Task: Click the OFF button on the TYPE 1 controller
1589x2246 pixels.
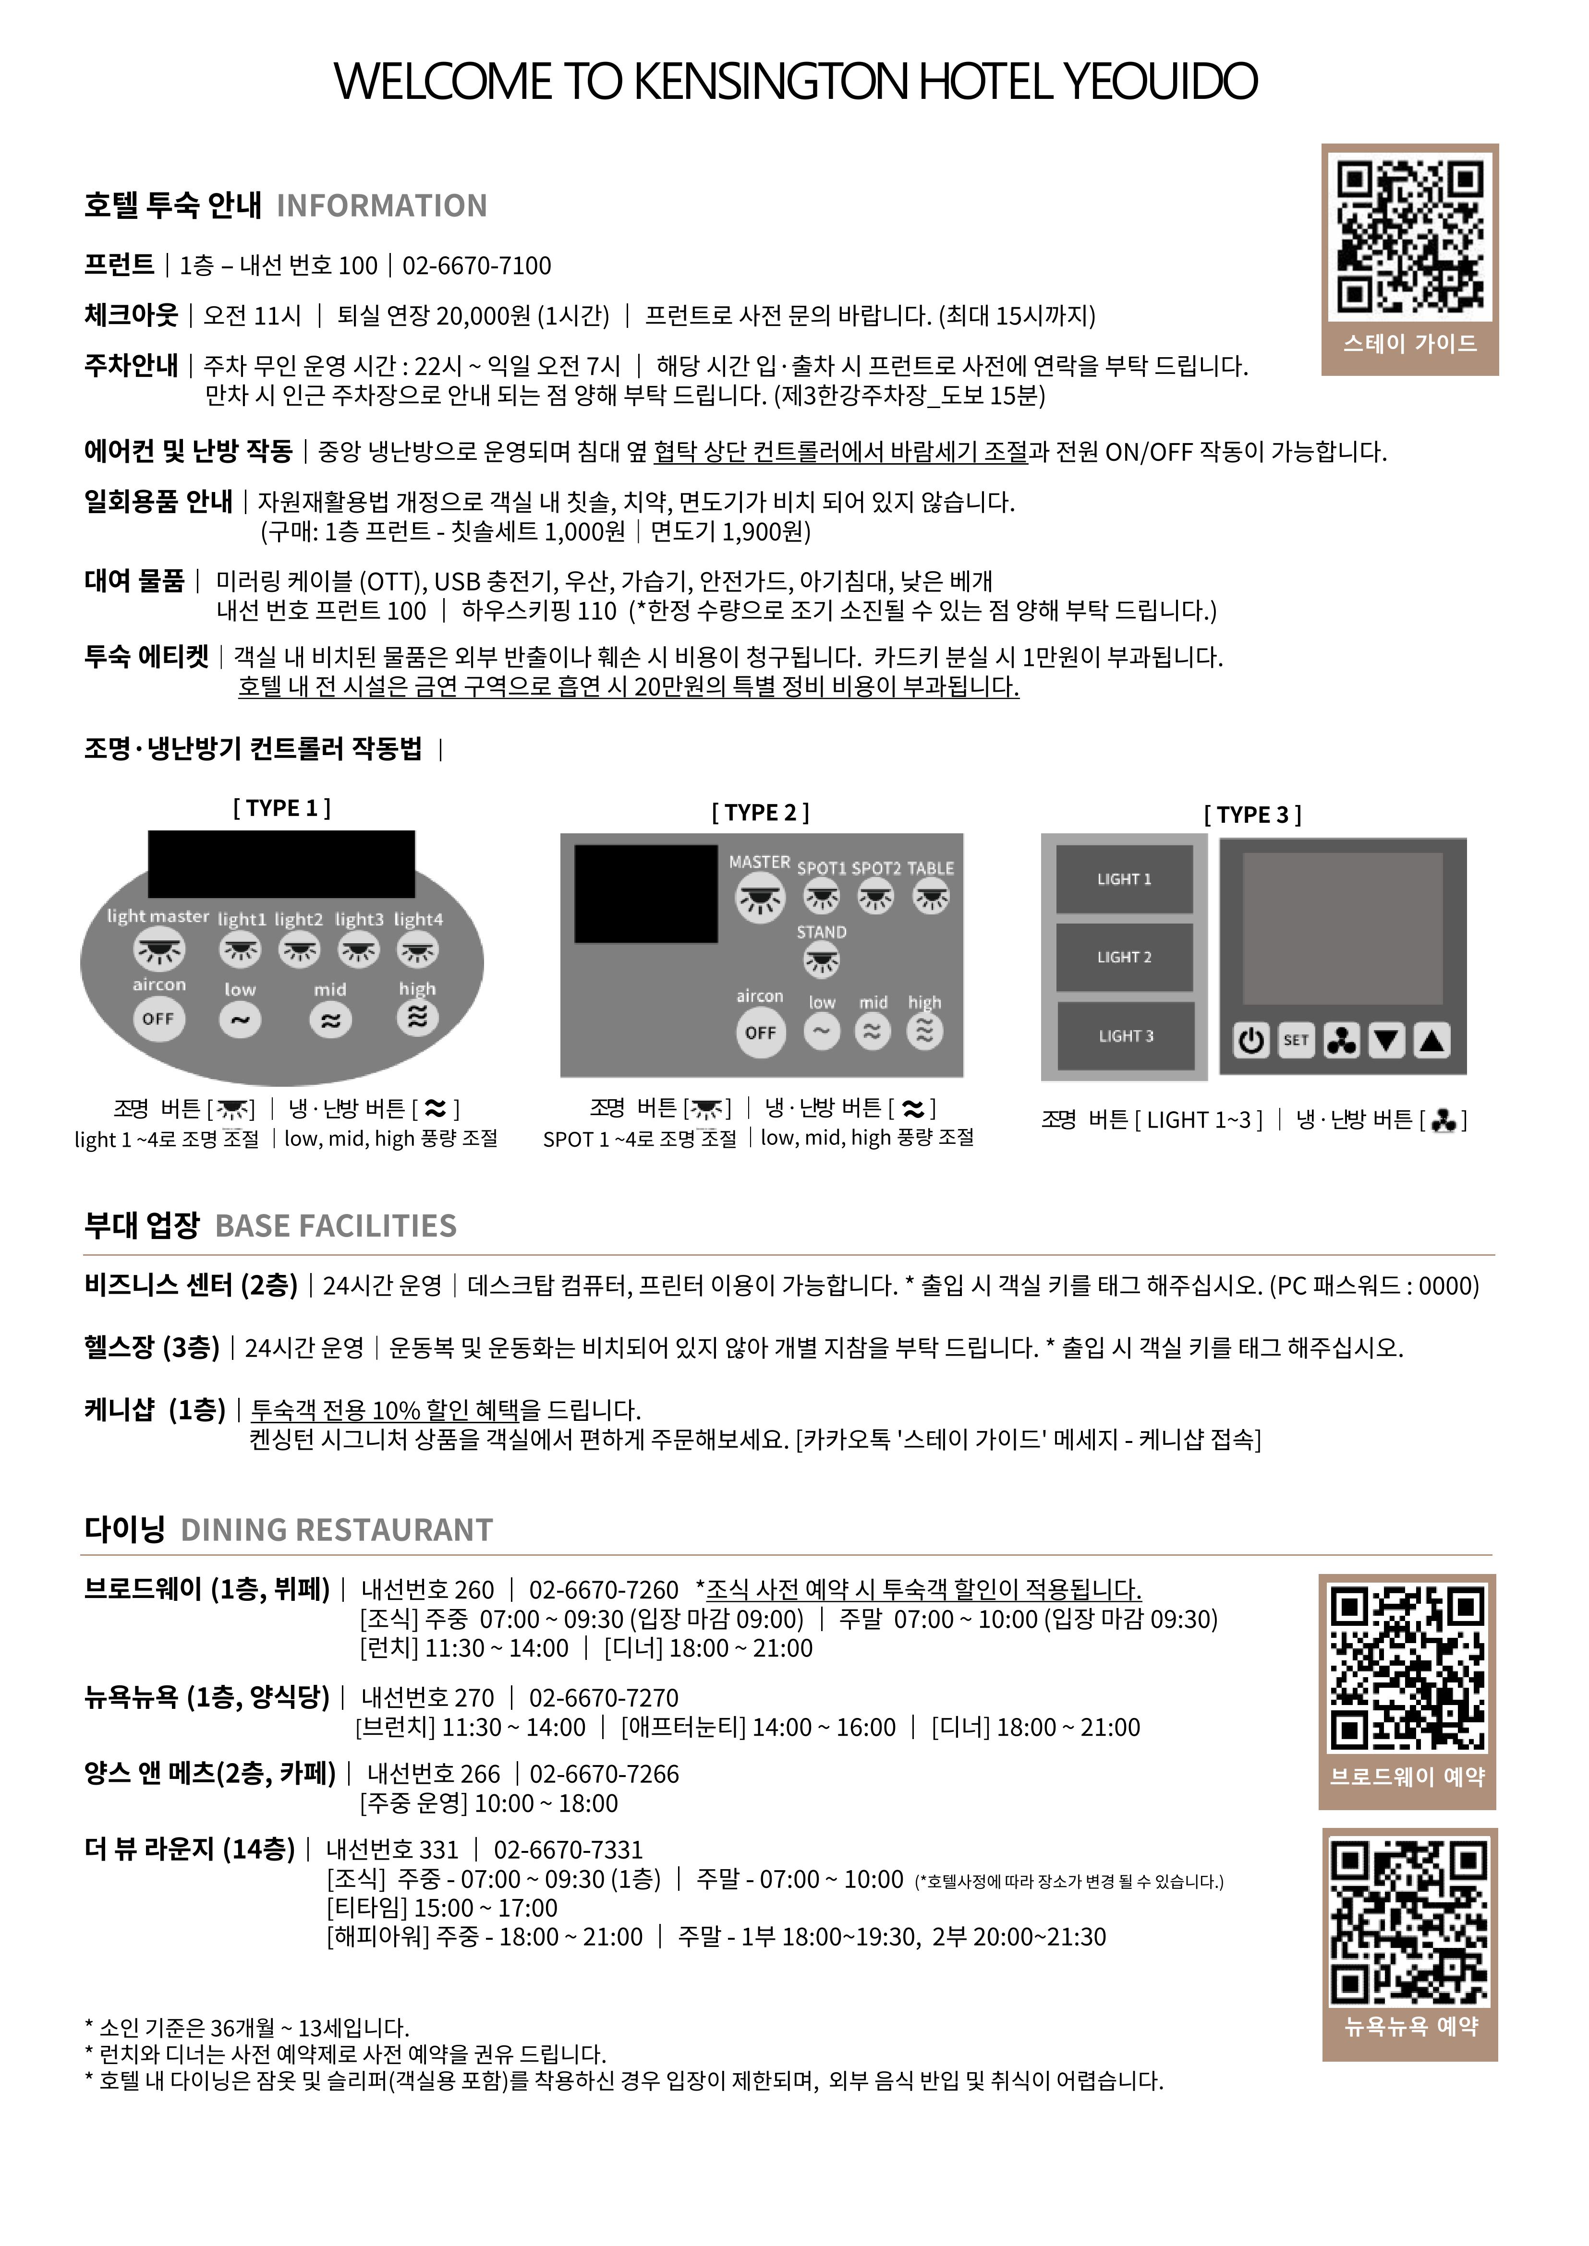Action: coord(158,1018)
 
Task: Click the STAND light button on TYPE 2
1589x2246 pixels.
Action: coord(821,961)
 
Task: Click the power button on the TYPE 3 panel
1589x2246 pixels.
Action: coord(1250,1041)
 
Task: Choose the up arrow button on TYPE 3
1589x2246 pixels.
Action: coord(1431,1041)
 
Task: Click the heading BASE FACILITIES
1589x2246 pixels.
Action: coord(336,1225)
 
